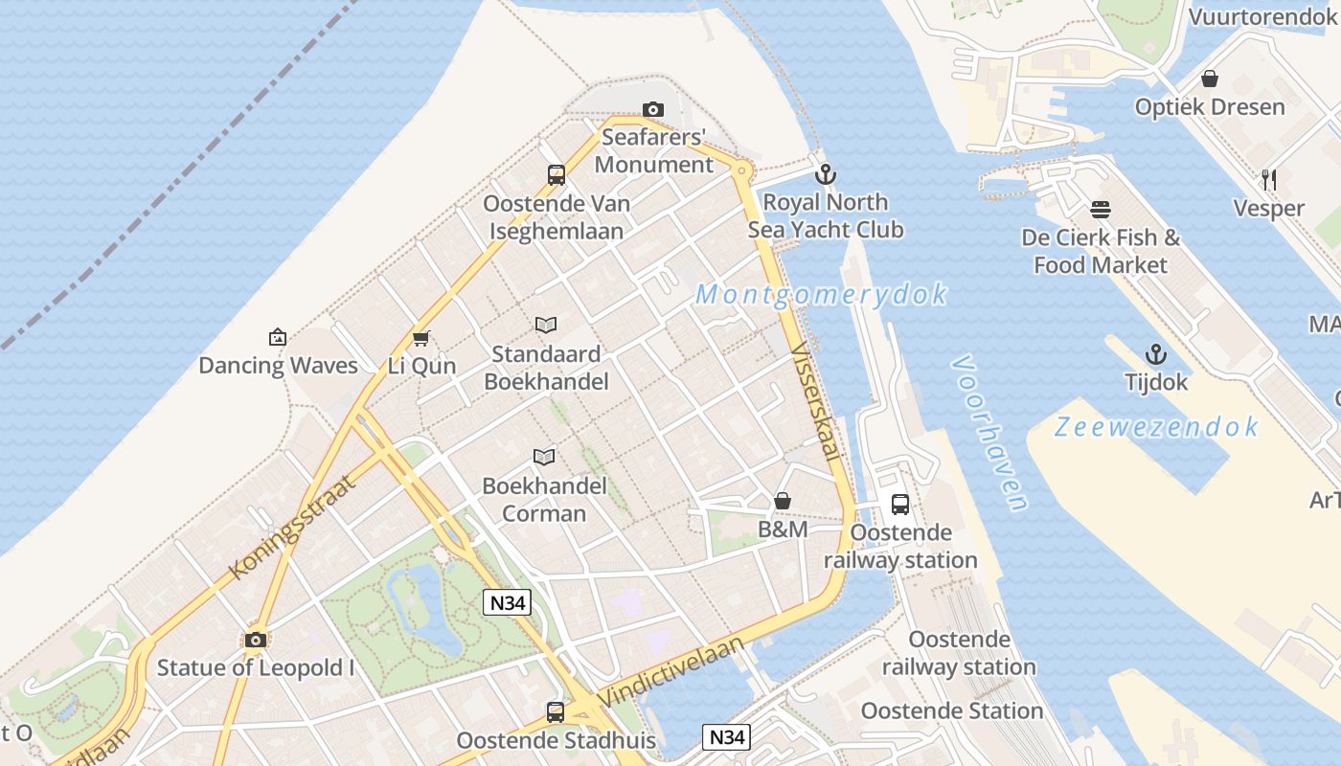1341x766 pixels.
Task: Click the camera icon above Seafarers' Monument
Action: point(653,110)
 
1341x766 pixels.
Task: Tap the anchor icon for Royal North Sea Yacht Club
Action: point(825,174)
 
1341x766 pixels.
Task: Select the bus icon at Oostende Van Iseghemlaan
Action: point(557,175)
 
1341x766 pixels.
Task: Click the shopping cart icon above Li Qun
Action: point(420,338)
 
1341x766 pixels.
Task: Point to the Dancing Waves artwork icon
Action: point(278,337)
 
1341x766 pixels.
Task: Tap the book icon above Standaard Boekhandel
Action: point(546,326)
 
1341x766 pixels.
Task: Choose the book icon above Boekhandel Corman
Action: point(544,457)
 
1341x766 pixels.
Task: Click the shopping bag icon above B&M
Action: point(783,501)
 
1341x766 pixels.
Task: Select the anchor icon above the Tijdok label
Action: point(1156,354)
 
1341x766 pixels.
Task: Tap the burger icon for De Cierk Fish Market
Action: point(1100,209)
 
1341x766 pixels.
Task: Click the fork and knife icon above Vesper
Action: point(1269,179)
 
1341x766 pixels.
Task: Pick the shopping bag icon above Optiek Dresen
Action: point(1210,79)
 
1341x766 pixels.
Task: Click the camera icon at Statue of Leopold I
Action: point(255,640)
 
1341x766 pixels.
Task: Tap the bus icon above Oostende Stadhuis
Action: point(556,712)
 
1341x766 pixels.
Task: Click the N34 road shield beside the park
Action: point(508,602)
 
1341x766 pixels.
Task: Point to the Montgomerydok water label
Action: point(821,294)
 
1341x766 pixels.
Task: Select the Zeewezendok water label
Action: point(1155,427)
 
